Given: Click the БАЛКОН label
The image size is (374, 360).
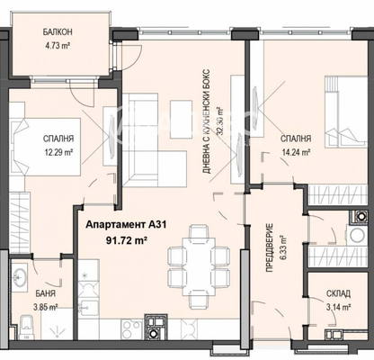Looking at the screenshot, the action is (58, 31).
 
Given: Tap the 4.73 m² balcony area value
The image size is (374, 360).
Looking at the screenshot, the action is (58, 46).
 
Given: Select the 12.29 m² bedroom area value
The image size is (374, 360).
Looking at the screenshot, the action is (59, 152).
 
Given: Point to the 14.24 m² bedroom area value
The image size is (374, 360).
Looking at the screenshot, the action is (296, 152).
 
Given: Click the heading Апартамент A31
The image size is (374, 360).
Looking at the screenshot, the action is (126, 225).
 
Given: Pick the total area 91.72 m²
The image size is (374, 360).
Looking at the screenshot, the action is (126, 240).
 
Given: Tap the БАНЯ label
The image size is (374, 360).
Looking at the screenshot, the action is (45, 293).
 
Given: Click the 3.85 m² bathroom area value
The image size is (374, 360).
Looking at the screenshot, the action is (45, 307).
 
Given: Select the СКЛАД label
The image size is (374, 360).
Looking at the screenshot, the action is (338, 293).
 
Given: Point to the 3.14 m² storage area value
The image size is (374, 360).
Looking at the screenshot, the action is (339, 307).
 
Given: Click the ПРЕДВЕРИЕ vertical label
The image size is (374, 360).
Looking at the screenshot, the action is (270, 247).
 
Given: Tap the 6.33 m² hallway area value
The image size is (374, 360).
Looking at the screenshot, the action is (284, 247).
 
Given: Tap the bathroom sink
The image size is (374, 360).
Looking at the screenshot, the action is (20, 276).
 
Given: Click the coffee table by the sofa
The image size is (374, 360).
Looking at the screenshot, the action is (182, 119).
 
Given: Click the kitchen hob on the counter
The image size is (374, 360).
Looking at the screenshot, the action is (131, 329).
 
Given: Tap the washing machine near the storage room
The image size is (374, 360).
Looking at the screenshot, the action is (357, 234).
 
